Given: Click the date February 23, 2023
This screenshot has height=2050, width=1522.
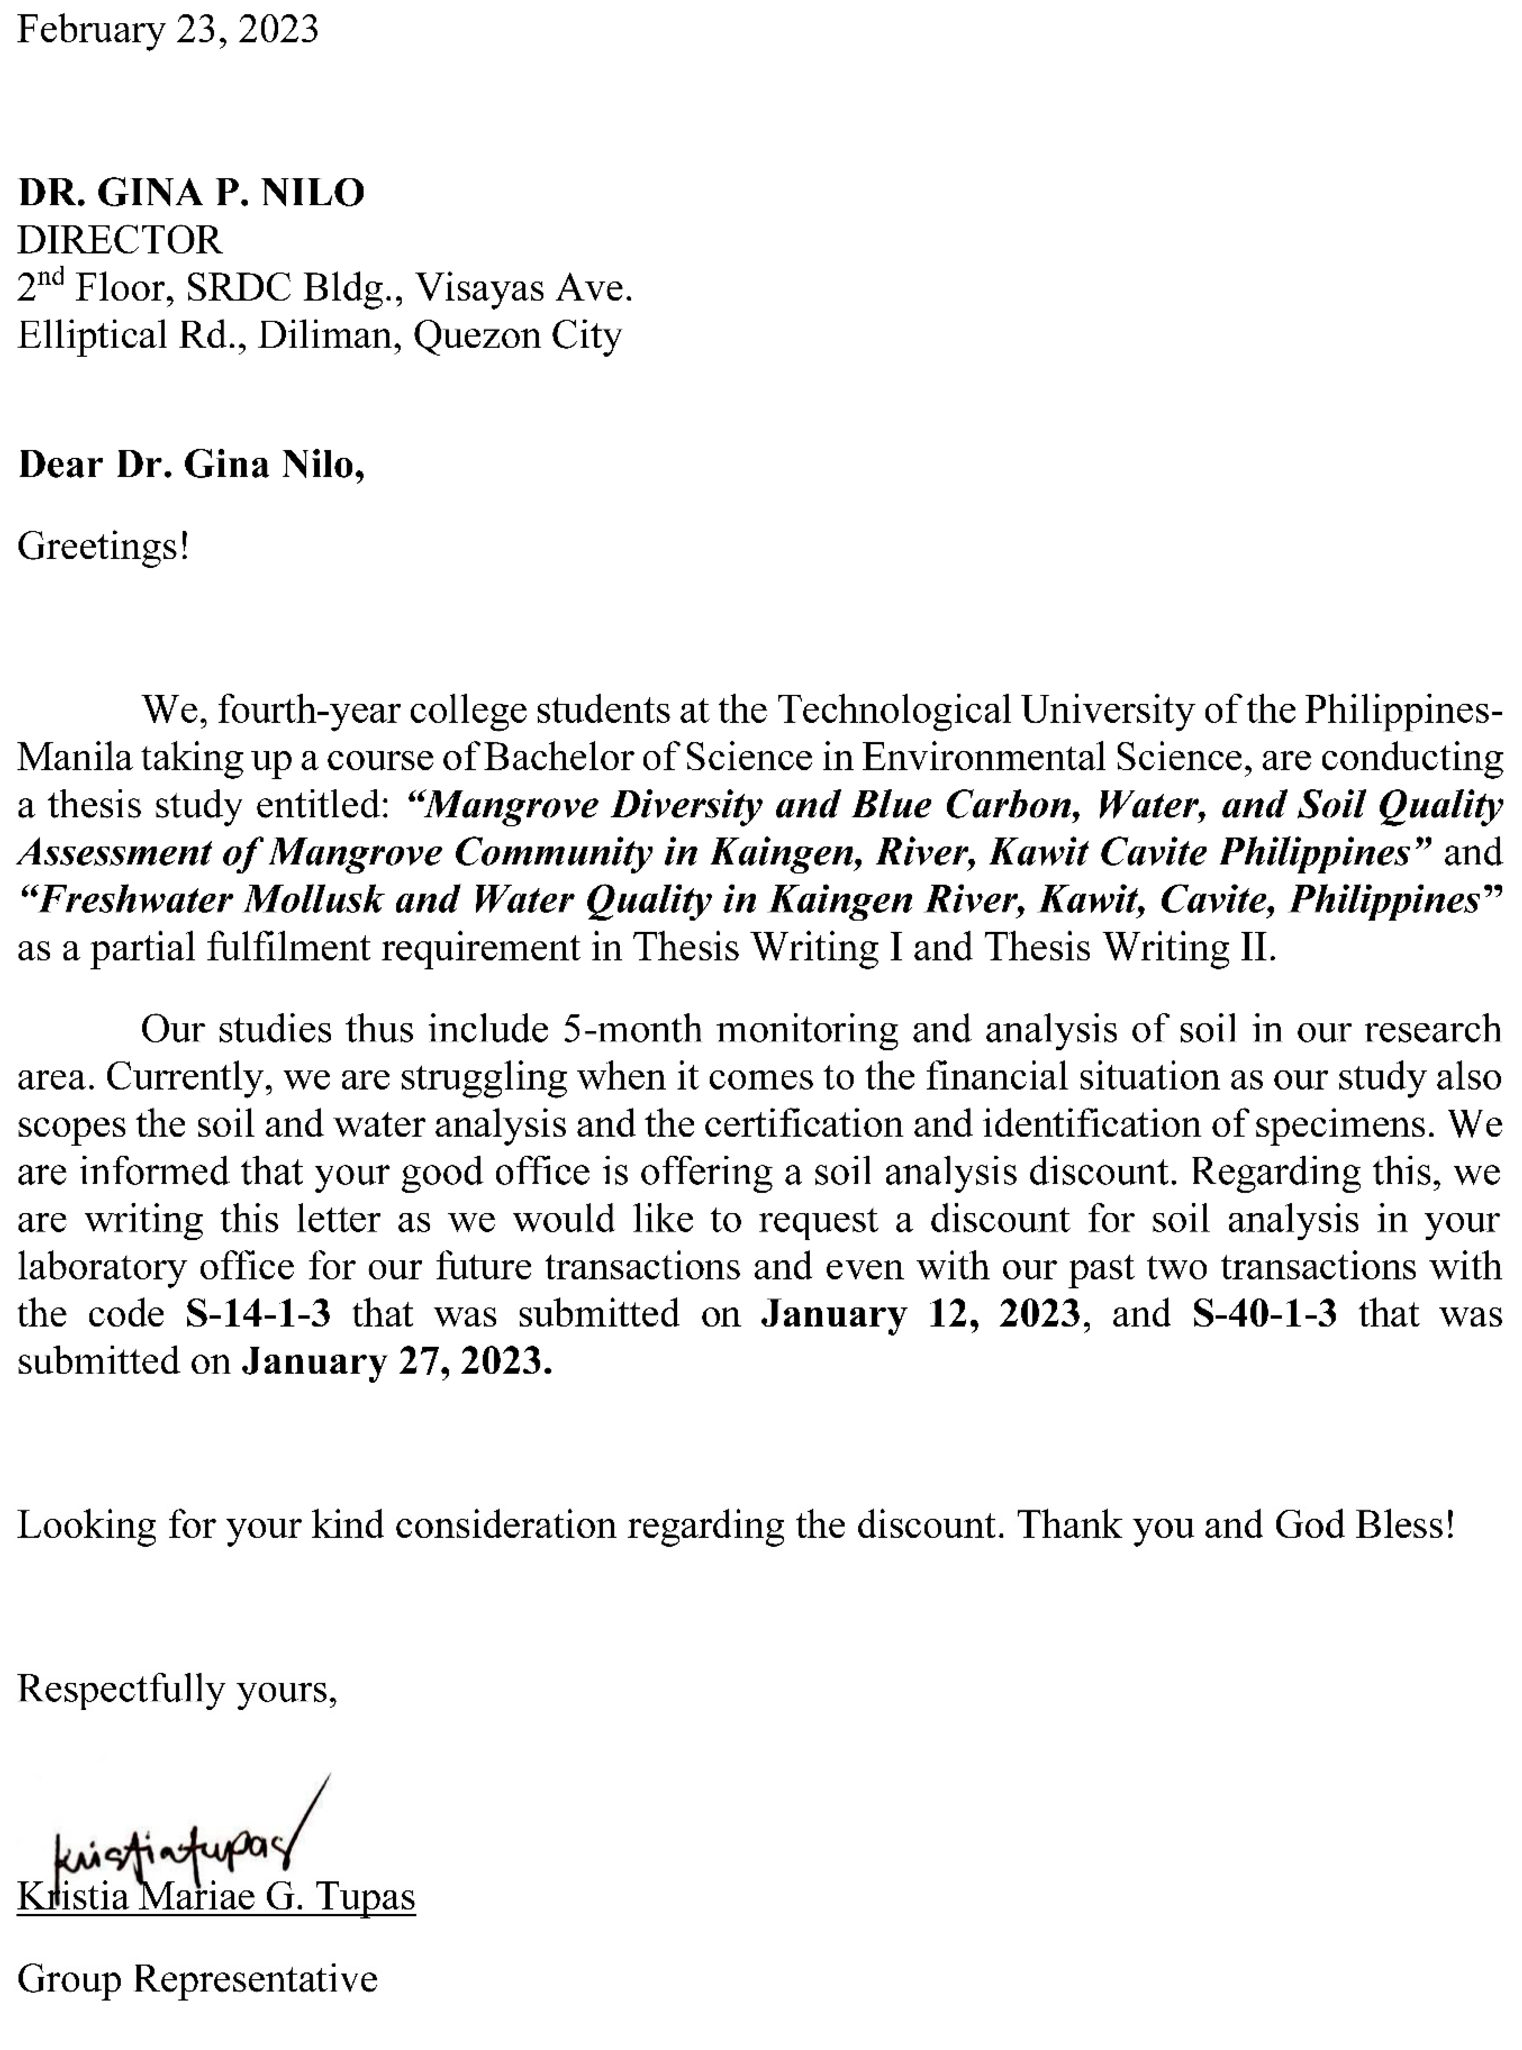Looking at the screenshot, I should coord(168,30).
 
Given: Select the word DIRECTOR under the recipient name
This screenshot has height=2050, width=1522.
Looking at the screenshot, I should coord(120,240).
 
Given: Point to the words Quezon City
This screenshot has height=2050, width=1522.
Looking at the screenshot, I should coord(517,335).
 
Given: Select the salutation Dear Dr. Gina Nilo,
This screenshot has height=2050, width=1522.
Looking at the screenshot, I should coord(191,464).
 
